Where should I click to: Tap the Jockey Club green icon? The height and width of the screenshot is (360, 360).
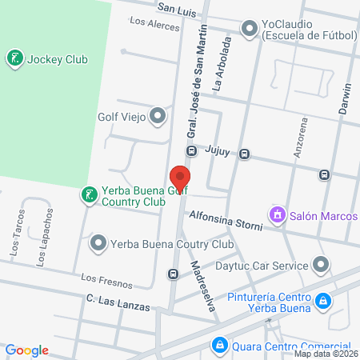(15, 58)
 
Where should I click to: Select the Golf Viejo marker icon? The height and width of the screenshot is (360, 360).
(158, 116)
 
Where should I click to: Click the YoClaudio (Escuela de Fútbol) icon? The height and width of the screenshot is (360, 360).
(250, 29)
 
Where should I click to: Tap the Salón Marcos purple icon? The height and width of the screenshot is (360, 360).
(278, 214)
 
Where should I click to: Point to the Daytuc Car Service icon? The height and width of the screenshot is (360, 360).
(321, 264)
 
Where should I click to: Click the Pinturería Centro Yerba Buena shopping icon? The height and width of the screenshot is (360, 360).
(323, 301)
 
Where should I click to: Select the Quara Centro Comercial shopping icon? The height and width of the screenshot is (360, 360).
(218, 345)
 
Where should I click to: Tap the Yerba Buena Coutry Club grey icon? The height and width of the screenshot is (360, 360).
(98, 242)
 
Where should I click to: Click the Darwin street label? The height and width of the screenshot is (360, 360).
(346, 98)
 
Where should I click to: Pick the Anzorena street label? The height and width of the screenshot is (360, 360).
(301, 137)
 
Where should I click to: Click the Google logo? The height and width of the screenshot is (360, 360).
(27, 350)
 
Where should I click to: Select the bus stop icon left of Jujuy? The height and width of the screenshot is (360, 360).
(192, 150)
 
